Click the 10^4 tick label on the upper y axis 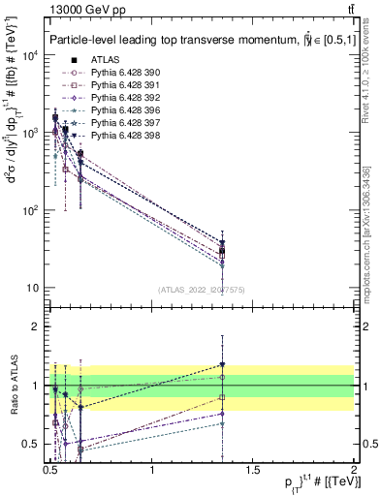(28, 55)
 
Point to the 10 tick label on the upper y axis (32, 288)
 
